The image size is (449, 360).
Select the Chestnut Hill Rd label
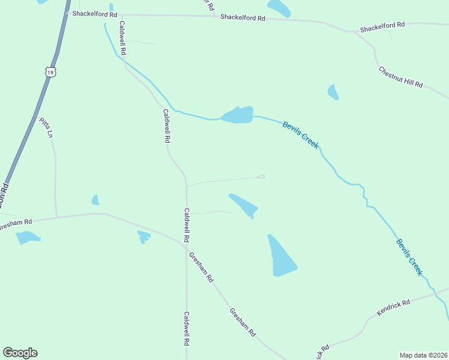pos(400,77)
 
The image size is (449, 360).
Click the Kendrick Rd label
pos(393,307)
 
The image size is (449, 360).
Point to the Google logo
pos(20,353)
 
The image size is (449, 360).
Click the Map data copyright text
pos(424,355)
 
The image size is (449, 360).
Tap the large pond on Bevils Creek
pos(238,115)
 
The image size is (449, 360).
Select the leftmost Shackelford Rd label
pos(95,13)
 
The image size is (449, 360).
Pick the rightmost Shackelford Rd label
pos(382,27)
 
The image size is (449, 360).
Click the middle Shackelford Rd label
pos(243,17)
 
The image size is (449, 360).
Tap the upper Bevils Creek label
pos(300,134)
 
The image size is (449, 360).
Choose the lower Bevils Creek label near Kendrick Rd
pos(409,257)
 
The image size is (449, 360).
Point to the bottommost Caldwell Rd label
pos(187,328)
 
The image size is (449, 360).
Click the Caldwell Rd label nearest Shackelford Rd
pos(122,38)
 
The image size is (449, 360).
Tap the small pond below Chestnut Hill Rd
pos(333,92)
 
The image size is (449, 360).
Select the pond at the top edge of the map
pos(279,7)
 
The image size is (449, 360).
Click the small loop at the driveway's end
pos(261,176)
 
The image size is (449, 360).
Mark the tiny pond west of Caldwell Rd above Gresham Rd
pos(95,200)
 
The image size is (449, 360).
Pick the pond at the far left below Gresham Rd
pos(26,238)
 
